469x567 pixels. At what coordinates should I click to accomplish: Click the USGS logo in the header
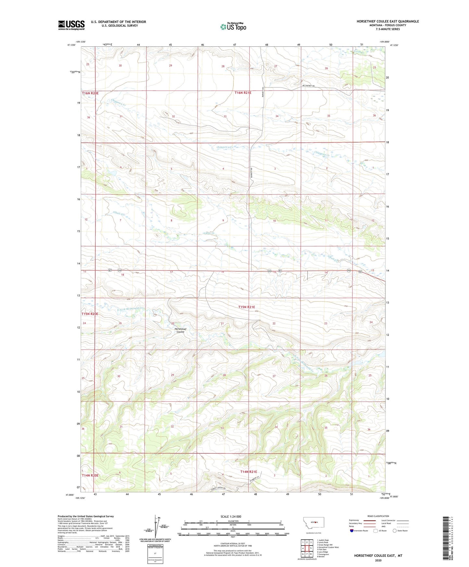point(71,25)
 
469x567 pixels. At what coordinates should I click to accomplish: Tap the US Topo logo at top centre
point(233,27)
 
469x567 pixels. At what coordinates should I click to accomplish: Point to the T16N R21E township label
point(243,93)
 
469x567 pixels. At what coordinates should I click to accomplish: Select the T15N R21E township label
point(247,307)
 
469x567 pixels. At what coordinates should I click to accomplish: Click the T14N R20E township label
point(90,475)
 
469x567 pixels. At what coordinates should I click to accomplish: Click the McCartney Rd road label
point(308,86)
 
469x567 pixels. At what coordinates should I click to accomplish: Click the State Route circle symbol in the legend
point(395,531)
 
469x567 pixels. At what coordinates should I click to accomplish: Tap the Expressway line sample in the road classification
point(371,520)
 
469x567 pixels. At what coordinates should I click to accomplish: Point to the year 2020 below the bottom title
point(378,560)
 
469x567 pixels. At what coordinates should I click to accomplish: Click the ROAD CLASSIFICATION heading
point(378,516)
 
